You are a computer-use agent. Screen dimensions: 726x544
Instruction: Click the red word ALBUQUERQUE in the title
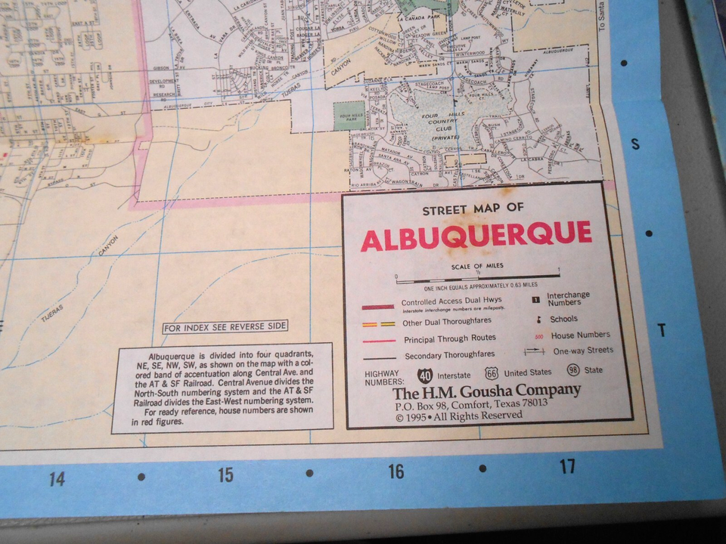476,236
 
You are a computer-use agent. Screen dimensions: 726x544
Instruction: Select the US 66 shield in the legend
492,372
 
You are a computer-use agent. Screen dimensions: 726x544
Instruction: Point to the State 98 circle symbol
574,370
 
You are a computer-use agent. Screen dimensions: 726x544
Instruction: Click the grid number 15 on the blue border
225,475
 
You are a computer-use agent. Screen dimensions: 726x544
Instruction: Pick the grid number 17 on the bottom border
567,466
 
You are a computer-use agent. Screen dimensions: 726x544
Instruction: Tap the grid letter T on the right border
661,330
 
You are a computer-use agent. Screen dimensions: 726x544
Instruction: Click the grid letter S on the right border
635,144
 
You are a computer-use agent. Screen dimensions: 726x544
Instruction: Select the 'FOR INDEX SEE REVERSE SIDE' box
225,326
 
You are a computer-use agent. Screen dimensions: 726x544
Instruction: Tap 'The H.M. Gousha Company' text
486,391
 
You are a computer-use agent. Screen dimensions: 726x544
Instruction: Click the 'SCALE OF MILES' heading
477,266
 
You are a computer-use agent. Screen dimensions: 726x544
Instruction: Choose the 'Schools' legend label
564,319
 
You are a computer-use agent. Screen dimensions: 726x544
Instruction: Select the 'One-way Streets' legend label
583,351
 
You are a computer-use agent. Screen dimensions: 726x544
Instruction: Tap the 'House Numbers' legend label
581,335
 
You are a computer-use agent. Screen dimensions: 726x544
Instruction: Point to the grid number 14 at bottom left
56,479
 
